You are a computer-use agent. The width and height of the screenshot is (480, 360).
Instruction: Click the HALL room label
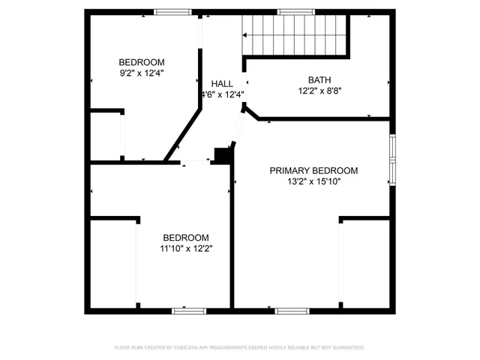[222, 83]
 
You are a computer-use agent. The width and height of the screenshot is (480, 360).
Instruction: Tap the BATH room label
[319, 79]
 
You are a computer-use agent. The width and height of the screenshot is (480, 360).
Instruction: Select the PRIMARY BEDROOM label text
[313, 170]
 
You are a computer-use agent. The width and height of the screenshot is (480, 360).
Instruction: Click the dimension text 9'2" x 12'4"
[142, 73]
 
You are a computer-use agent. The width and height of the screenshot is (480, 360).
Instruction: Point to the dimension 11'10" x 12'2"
[186, 249]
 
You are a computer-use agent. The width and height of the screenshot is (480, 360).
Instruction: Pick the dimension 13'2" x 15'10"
[313, 181]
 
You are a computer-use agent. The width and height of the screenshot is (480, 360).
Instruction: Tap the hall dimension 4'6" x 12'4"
[223, 94]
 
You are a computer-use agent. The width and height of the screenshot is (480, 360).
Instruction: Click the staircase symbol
[295, 36]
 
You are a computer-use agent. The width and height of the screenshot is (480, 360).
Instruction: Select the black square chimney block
[222, 154]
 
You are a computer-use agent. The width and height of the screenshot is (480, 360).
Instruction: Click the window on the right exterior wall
[391, 160]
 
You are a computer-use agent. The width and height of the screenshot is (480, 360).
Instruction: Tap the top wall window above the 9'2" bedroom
[173, 11]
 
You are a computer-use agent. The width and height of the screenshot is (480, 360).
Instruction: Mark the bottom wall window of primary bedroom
[292, 310]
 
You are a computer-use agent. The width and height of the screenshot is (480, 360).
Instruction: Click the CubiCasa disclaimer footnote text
[239, 347]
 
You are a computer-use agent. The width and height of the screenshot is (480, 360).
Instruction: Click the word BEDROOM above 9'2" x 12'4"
[142, 62]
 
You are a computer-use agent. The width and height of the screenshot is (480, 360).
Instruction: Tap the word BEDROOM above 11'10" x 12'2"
[186, 238]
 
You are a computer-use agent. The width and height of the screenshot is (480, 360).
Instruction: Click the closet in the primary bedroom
[364, 262]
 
